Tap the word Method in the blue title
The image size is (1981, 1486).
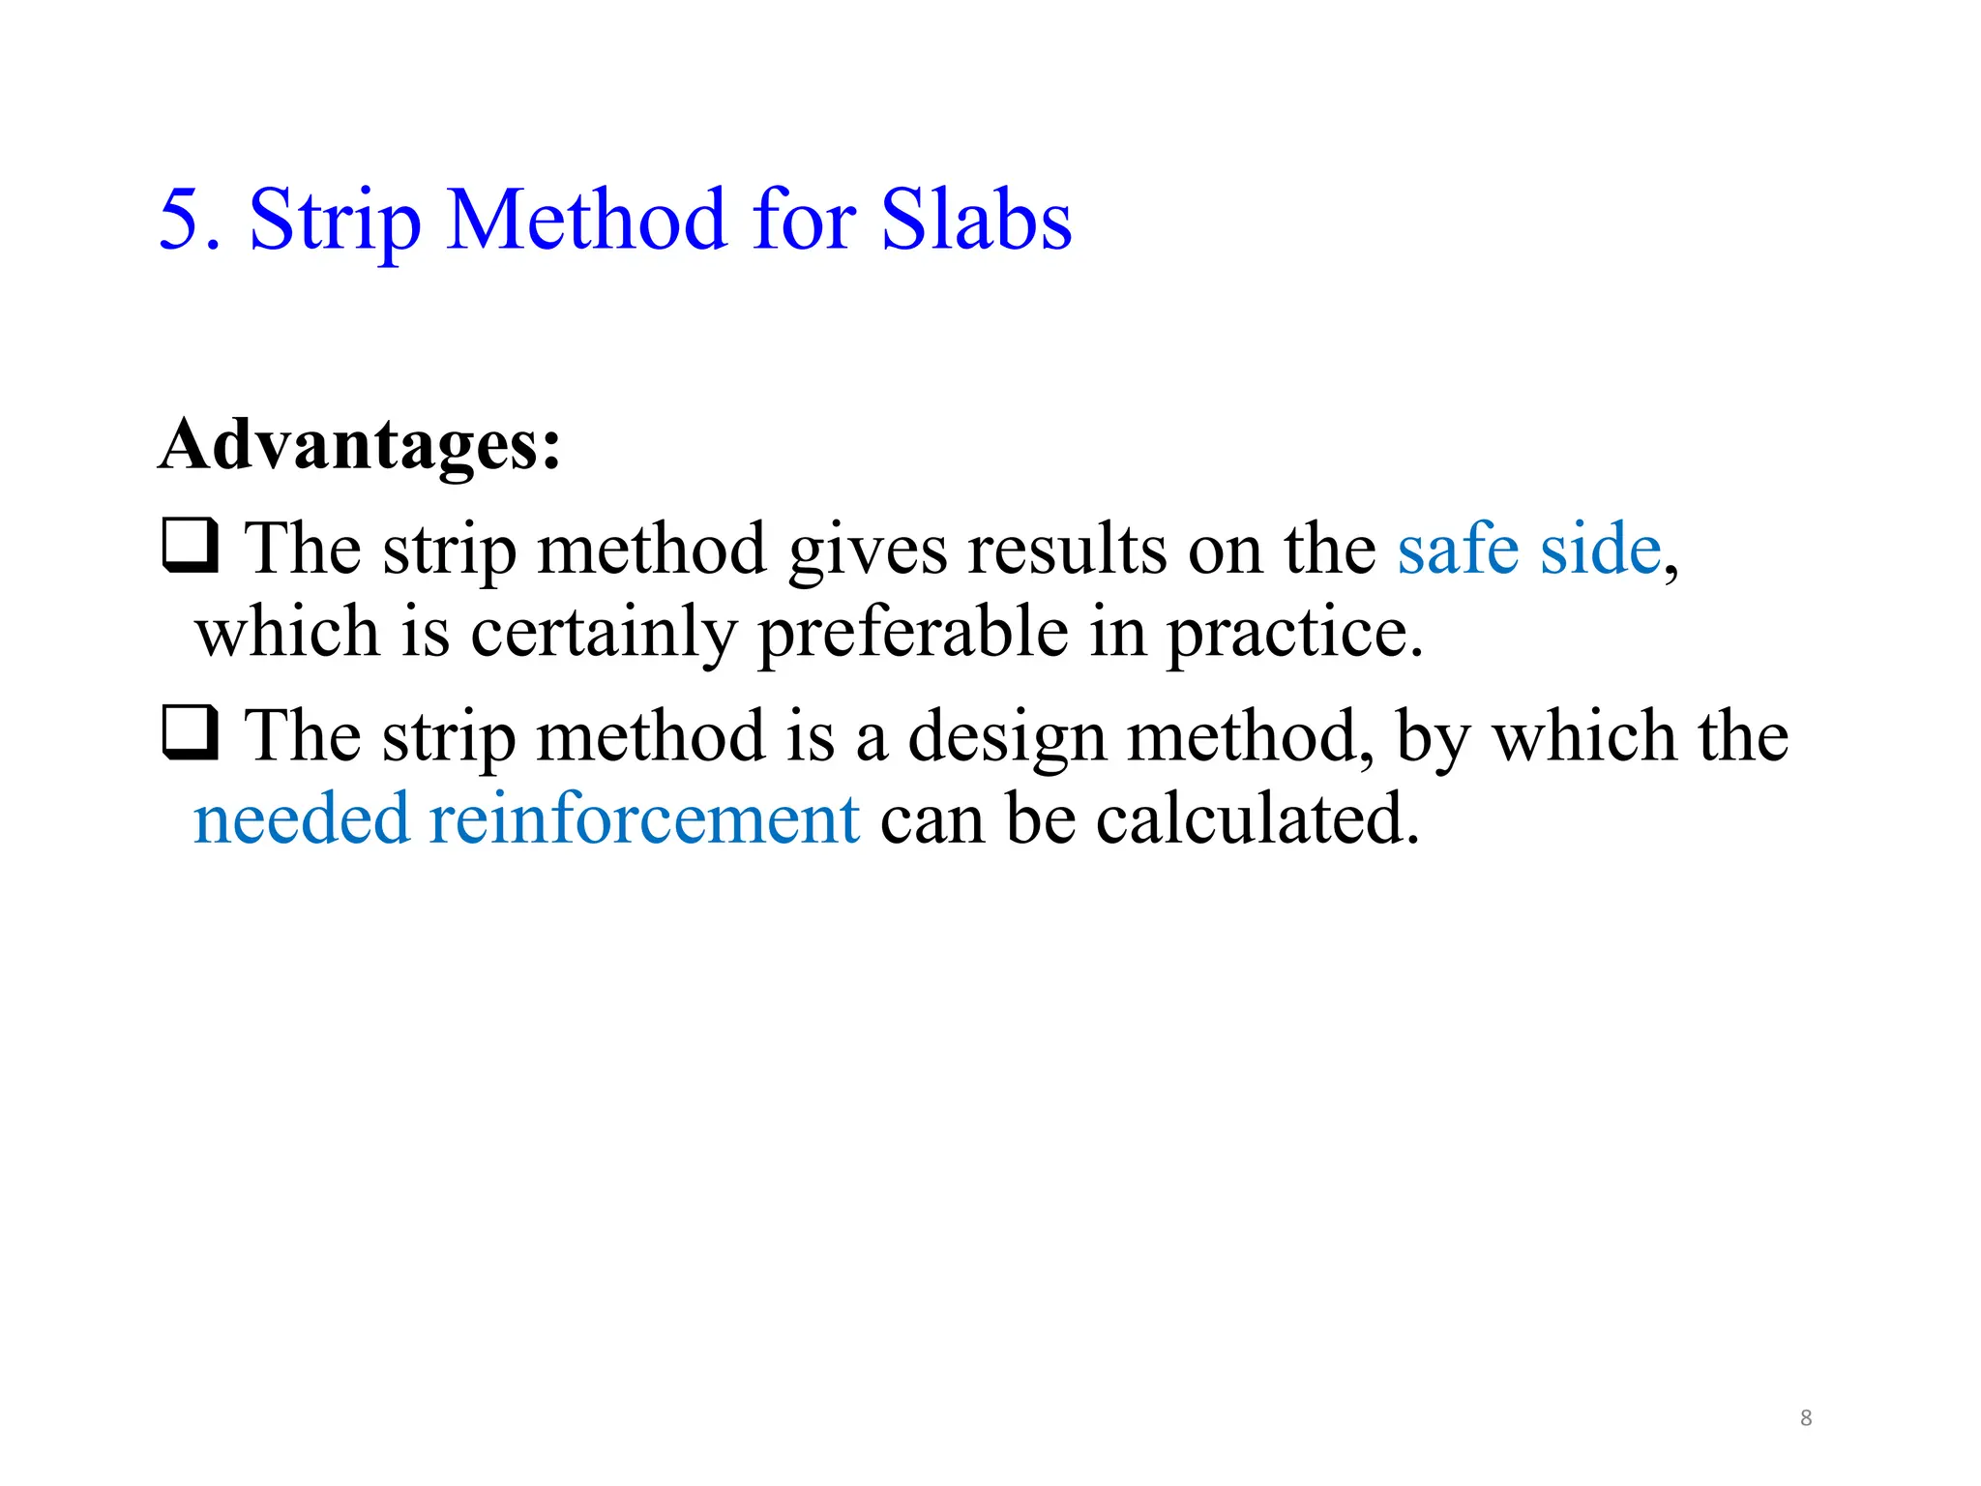pyautogui.click(x=586, y=220)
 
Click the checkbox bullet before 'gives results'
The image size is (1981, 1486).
pyautogui.click(x=190, y=547)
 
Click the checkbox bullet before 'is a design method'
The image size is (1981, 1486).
pyautogui.click(x=190, y=734)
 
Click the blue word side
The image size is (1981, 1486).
pyautogui.click(x=1601, y=549)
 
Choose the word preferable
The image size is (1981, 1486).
pyautogui.click(x=913, y=633)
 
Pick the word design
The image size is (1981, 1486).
pyautogui.click(x=1007, y=738)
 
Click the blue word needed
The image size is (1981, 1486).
pyautogui.click(x=301, y=818)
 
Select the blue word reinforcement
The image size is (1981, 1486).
pyautogui.click(x=644, y=818)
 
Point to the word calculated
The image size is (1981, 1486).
pyautogui.click(x=1257, y=818)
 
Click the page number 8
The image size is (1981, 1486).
pyautogui.click(x=1806, y=1418)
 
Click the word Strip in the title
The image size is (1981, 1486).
pyautogui.click(x=335, y=220)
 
